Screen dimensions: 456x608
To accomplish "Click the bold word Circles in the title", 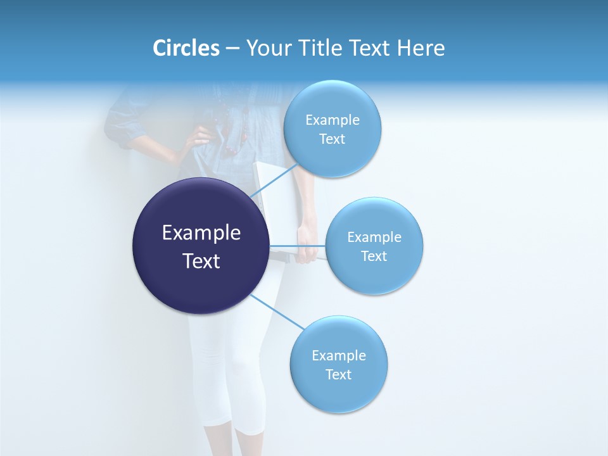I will pos(186,48).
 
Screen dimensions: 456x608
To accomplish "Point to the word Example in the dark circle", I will pos(201,233).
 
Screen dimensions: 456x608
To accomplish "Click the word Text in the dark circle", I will pos(201,261).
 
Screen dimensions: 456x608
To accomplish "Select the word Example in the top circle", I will pos(332,120).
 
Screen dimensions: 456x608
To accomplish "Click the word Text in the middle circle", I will pos(374,256).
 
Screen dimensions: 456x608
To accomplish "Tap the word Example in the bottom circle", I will pos(339,356).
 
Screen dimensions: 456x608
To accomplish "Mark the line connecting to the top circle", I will pos(274,180).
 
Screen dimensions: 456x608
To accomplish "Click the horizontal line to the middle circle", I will pos(298,246).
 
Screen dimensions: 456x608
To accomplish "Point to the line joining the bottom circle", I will pos(277,312).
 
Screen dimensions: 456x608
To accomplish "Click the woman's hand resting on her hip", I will pos(201,137).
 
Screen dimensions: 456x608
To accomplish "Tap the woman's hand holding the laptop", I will pos(307,251).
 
